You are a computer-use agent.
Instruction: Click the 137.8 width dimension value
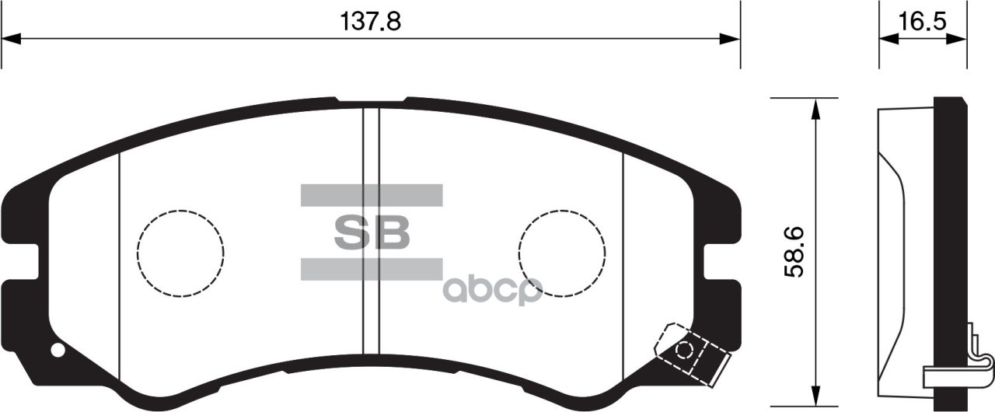click(x=371, y=21)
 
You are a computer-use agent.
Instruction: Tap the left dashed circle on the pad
click(x=180, y=253)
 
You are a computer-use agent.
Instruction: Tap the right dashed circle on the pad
click(x=561, y=253)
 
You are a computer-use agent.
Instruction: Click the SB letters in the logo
click(x=371, y=232)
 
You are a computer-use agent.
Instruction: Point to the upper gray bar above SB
click(x=371, y=195)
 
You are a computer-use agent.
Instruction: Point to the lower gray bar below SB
click(x=371, y=268)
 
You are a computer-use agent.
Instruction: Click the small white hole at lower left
click(x=58, y=350)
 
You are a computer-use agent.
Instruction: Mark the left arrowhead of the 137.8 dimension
click(x=11, y=39)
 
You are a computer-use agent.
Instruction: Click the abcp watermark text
click(x=491, y=289)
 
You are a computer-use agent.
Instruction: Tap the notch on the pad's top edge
click(x=371, y=101)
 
